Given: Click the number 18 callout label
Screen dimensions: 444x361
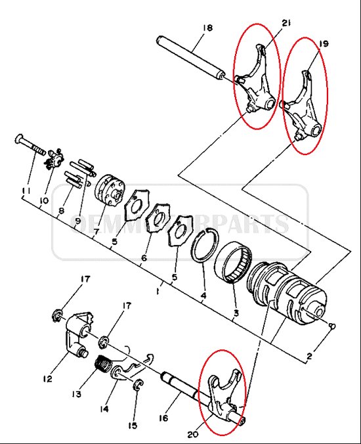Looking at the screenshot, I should pos(207,28).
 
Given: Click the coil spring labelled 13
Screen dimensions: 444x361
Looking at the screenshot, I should pos(104,365).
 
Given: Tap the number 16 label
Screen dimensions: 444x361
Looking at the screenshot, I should pos(163,418).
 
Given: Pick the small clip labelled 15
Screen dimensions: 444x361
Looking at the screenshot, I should pos(138,384).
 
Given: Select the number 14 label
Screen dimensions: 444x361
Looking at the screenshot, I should pos(104,409).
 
